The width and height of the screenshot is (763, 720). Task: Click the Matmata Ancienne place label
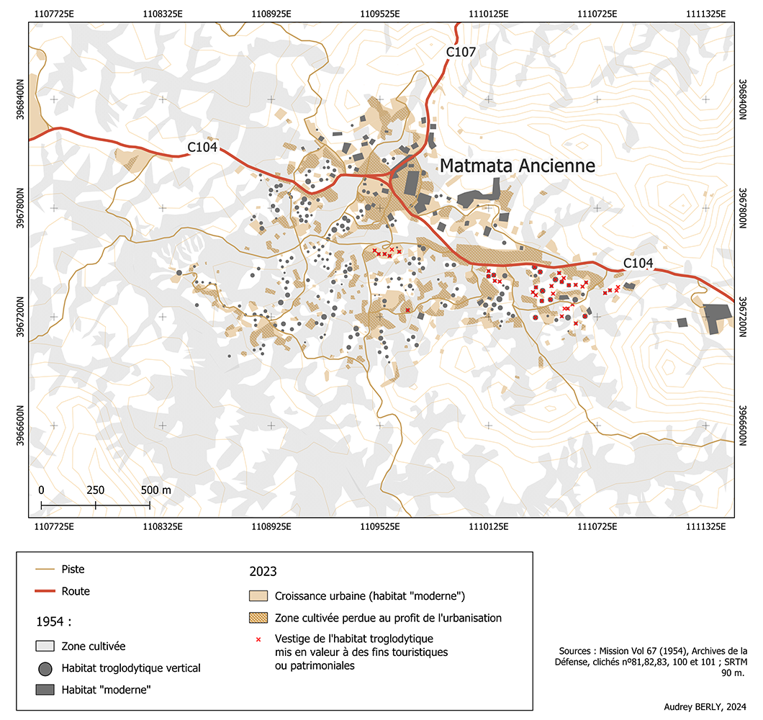(517, 166)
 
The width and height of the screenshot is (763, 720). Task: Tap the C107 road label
(461, 52)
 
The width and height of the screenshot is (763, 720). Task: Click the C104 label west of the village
(202, 147)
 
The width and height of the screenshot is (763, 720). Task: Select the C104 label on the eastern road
(638, 264)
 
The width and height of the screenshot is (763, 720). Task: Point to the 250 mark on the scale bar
(96, 490)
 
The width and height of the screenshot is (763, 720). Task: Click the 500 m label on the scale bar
(156, 490)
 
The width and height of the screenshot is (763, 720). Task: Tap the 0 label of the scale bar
(42, 490)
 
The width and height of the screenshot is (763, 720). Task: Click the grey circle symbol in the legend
(45, 669)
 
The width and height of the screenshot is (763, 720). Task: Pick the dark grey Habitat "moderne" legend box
(45, 690)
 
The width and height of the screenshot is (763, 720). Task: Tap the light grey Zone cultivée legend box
(45, 646)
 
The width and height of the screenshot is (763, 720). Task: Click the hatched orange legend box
(258, 618)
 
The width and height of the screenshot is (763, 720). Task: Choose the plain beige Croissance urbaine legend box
(258, 596)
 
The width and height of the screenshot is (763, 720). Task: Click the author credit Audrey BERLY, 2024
(703, 706)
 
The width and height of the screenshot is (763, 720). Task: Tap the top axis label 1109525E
(380, 12)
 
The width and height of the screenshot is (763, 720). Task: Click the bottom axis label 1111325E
(705, 527)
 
